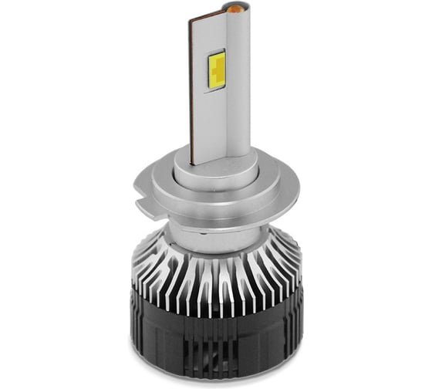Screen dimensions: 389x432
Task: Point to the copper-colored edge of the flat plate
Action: click(x=190, y=85)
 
